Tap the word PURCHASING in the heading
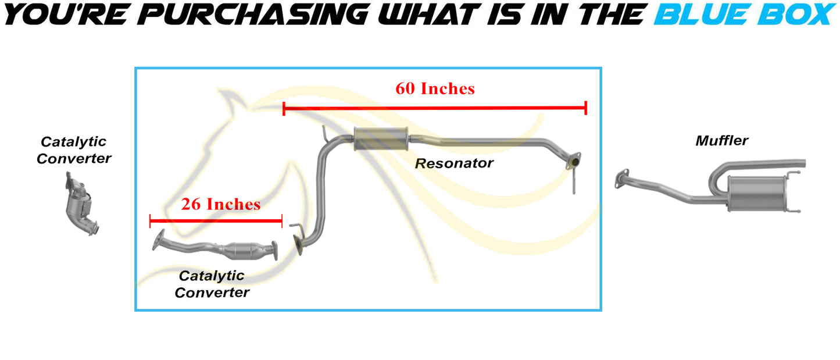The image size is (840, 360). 253,15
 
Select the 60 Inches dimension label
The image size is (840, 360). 435,88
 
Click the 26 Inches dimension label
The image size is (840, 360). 220,204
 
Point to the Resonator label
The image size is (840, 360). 454,163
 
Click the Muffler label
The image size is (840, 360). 722,141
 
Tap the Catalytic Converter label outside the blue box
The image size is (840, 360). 74,150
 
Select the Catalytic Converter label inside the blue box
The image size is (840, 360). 212,284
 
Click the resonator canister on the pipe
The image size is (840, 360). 381,139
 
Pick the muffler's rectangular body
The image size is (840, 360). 756,194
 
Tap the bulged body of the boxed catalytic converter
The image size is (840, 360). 242,251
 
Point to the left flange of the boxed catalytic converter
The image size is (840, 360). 158,240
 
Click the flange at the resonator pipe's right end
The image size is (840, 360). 574,161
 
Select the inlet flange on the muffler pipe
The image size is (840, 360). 621,179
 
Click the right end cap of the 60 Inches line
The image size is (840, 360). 586,108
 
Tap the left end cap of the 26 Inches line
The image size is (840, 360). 150,221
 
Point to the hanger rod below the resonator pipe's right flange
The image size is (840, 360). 574,182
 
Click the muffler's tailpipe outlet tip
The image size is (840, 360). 803,163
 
